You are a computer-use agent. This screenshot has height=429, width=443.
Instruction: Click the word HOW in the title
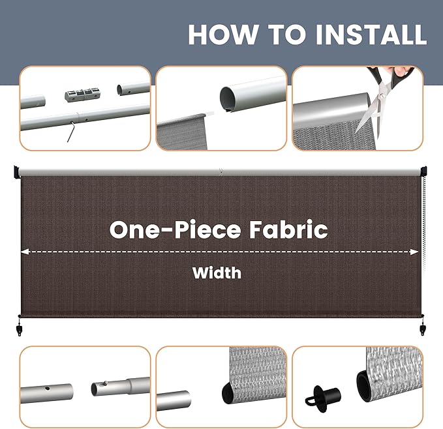(x=223, y=34)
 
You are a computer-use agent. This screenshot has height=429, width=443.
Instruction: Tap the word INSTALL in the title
(x=371, y=34)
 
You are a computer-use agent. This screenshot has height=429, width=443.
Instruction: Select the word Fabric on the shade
(x=288, y=229)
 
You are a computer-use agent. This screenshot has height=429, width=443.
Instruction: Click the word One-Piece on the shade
(x=175, y=229)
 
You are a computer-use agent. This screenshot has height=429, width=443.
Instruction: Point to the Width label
(x=217, y=273)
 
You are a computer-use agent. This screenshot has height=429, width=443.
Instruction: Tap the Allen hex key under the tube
(x=71, y=131)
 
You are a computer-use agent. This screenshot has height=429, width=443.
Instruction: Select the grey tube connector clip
(x=82, y=95)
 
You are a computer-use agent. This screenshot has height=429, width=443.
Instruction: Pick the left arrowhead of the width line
(x=25, y=252)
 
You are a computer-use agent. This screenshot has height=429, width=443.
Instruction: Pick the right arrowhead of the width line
(x=414, y=252)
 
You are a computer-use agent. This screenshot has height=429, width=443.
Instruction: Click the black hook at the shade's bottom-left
(x=19, y=328)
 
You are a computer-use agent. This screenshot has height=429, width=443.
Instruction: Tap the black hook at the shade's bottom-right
(x=423, y=328)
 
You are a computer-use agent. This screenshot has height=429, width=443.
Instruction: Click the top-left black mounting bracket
(x=17, y=172)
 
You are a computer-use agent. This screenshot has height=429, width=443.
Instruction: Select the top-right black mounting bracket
(x=423, y=171)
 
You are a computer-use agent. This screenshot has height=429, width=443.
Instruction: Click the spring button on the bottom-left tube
(x=106, y=383)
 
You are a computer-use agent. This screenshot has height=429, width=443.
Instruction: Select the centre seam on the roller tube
(x=221, y=171)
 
